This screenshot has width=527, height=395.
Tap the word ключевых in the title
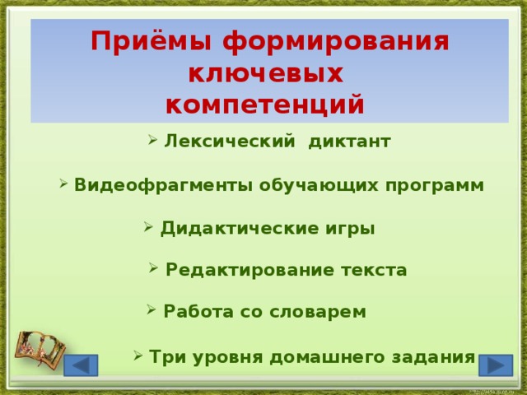(265, 74)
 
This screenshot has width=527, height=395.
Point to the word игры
(349, 228)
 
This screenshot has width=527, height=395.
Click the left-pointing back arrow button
(81, 365)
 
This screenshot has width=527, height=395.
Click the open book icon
(36, 349)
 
